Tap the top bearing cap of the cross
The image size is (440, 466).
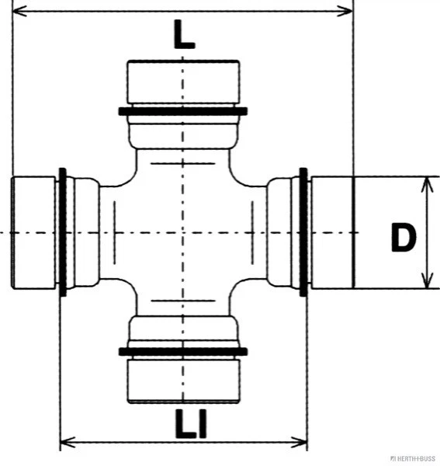183,82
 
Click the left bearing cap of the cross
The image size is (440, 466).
34,232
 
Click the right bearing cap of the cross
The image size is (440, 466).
331,232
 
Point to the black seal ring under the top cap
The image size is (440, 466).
183,111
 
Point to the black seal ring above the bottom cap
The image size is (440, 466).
183,352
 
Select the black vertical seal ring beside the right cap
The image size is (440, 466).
303,232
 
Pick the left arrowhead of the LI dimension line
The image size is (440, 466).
66,443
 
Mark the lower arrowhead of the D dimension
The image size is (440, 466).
427,283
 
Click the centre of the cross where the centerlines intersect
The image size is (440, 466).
183,232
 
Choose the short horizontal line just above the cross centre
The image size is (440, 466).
183,164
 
